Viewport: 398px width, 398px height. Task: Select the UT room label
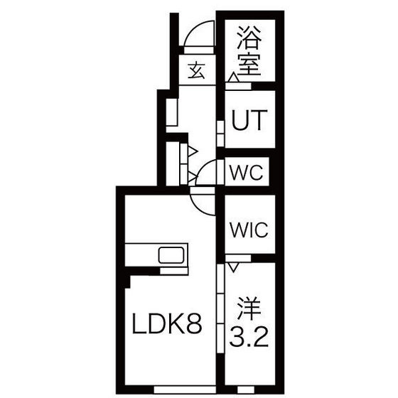coord(249,120)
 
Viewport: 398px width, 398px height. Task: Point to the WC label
coord(246,173)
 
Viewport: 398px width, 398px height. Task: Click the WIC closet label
coord(249,230)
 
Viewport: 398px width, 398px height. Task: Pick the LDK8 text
coord(167,323)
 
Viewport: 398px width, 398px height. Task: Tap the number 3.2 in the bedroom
coord(249,338)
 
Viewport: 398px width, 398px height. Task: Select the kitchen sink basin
coord(171,255)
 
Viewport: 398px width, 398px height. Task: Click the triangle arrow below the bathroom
coord(233,77)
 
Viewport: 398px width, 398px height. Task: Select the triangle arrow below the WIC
coord(233,267)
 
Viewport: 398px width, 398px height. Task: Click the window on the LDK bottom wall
coord(185,389)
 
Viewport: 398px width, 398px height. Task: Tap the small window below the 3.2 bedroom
coord(242,389)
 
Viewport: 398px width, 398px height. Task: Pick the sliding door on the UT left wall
coord(220,134)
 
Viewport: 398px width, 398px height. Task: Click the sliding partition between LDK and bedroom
coord(220,308)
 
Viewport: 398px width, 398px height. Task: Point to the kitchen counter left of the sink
coord(141,255)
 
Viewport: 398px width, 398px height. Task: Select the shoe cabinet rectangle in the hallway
coord(171,112)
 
